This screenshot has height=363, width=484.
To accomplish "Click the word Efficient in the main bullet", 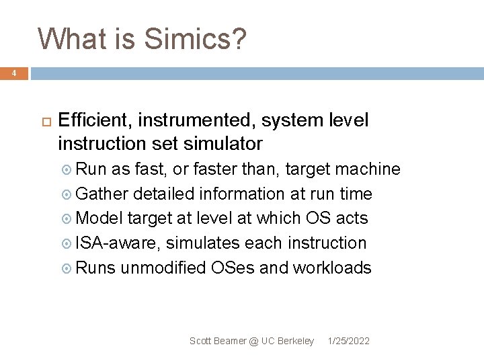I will [95, 120].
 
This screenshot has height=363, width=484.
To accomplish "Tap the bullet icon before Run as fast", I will [67, 169].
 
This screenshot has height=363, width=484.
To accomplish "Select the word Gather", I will [102, 194].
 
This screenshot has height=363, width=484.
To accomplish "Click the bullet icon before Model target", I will [67, 218].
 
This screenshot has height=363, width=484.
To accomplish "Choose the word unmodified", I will [163, 268].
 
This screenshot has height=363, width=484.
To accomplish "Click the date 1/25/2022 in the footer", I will [348, 341].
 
